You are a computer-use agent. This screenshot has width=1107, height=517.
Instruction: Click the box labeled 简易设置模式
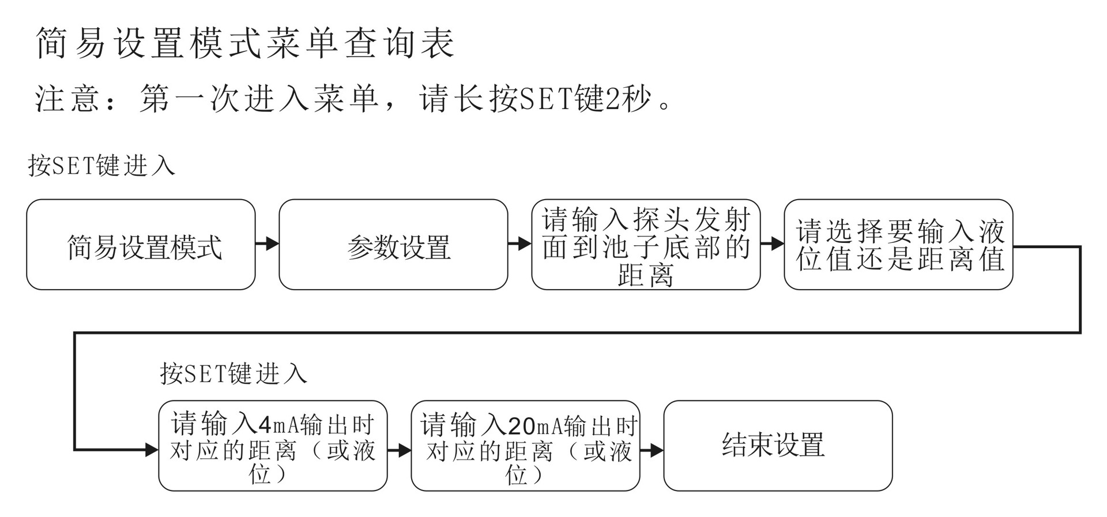[141, 245]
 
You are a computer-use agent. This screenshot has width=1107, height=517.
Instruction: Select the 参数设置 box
[393, 245]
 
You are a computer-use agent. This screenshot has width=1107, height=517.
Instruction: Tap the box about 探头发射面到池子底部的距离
[646, 245]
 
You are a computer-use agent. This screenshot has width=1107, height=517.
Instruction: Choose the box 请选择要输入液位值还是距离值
[898, 245]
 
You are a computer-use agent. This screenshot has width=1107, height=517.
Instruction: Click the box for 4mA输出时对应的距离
[273, 446]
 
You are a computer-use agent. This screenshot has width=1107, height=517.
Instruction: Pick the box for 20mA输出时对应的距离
[525, 446]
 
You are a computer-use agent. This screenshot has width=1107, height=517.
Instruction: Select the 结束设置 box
[778, 446]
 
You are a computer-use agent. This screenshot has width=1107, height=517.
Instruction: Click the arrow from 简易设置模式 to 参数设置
[268, 243]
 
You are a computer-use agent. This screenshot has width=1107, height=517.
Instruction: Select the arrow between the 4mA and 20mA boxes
[400, 449]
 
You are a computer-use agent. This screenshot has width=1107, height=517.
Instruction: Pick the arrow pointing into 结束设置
[652, 449]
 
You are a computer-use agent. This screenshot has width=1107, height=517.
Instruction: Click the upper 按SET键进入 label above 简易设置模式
[101, 166]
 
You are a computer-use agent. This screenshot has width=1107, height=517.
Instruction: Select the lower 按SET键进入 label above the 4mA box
[234, 373]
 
